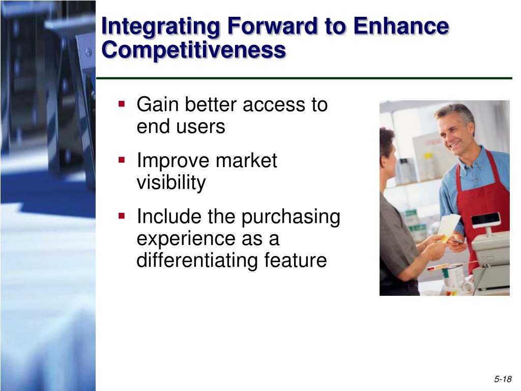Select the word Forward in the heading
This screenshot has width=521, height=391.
[272, 25]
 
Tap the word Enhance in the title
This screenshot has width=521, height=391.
[401, 25]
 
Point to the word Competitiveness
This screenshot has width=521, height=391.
[193, 50]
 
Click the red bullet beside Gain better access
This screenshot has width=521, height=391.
[122, 104]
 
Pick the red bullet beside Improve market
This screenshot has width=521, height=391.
[122, 160]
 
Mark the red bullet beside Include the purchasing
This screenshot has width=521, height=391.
[122, 216]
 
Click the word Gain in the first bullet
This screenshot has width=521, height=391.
[158, 104]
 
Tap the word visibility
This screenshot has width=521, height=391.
[171, 183]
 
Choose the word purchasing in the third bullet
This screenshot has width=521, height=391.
[291, 217]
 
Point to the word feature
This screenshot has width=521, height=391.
[296, 260]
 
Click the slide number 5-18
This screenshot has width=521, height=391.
[503, 379]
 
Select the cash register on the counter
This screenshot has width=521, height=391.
[490, 253]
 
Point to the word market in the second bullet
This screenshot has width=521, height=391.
[246, 160]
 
